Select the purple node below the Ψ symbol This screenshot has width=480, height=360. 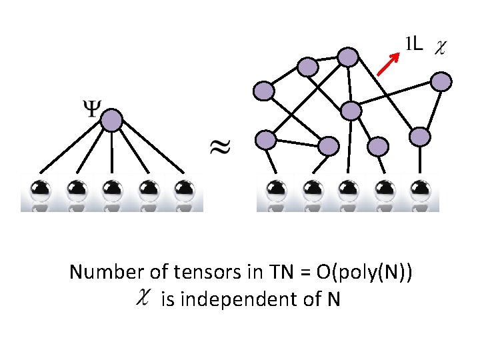pos(111,121)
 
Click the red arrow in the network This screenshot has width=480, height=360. pos(388,65)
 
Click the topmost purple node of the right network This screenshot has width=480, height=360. pos(347,57)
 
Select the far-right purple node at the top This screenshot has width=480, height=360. pos(441,82)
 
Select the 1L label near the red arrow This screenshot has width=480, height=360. pos(413,45)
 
